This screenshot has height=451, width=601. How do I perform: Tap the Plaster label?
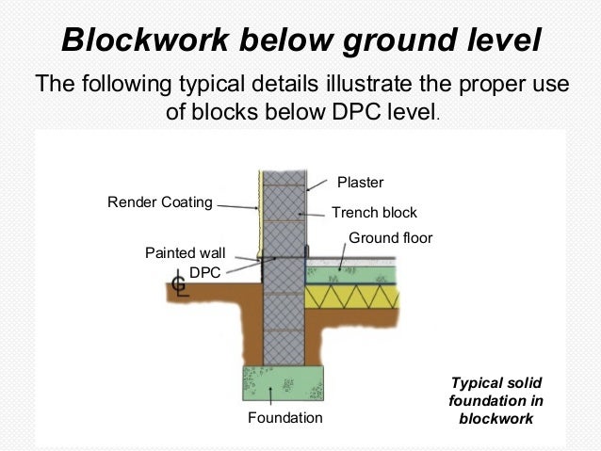coord(361,182)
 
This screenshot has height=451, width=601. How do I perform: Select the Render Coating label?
coord(159,201)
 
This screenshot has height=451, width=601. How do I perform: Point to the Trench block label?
coord(374,213)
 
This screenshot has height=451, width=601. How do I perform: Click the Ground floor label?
coord(391,238)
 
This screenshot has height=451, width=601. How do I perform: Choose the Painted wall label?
coord(185,253)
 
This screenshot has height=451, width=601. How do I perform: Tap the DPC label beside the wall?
coord(204,272)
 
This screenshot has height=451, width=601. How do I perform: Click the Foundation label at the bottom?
coord(284,417)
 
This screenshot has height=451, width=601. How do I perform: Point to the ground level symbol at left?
coord(180,284)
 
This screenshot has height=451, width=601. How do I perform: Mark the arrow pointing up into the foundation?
coord(274,394)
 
